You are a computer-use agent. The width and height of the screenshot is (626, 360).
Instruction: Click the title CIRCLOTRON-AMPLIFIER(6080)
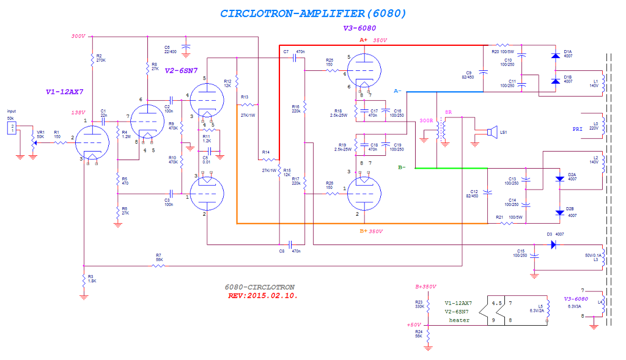[312, 13]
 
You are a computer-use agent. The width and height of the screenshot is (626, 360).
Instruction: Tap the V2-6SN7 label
[181, 70]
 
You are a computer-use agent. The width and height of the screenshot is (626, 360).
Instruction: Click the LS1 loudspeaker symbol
[490, 131]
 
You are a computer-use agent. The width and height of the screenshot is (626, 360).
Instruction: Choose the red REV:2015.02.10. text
[262, 295]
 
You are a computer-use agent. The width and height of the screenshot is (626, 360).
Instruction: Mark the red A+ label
[363, 39]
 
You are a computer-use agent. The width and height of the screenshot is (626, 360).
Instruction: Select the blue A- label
[397, 91]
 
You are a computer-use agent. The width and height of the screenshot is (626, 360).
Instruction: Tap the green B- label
[401, 167]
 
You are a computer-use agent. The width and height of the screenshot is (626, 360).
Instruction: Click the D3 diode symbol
[553, 244]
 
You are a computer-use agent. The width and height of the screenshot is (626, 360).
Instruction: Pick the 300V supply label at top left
[78, 36]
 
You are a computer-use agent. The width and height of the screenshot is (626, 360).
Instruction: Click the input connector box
[10, 127]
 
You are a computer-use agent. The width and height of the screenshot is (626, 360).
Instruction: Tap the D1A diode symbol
[555, 56]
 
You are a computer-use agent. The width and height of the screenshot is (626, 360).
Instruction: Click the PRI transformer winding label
[577, 129]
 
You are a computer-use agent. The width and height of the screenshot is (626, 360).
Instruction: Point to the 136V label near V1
[78, 112]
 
